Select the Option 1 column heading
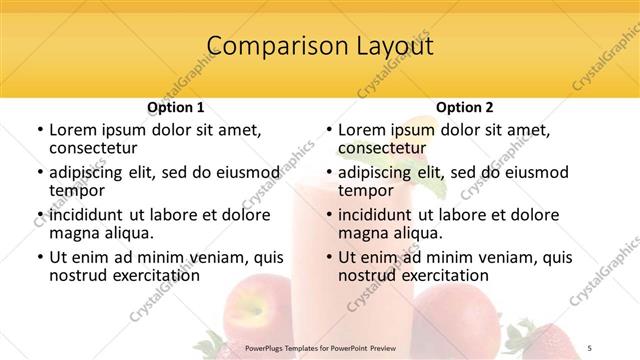(x=176, y=107)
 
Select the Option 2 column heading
(x=465, y=107)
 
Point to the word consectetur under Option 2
(x=381, y=149)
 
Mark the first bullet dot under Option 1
(x=39, y=131)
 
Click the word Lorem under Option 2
(x=362, y=130)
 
